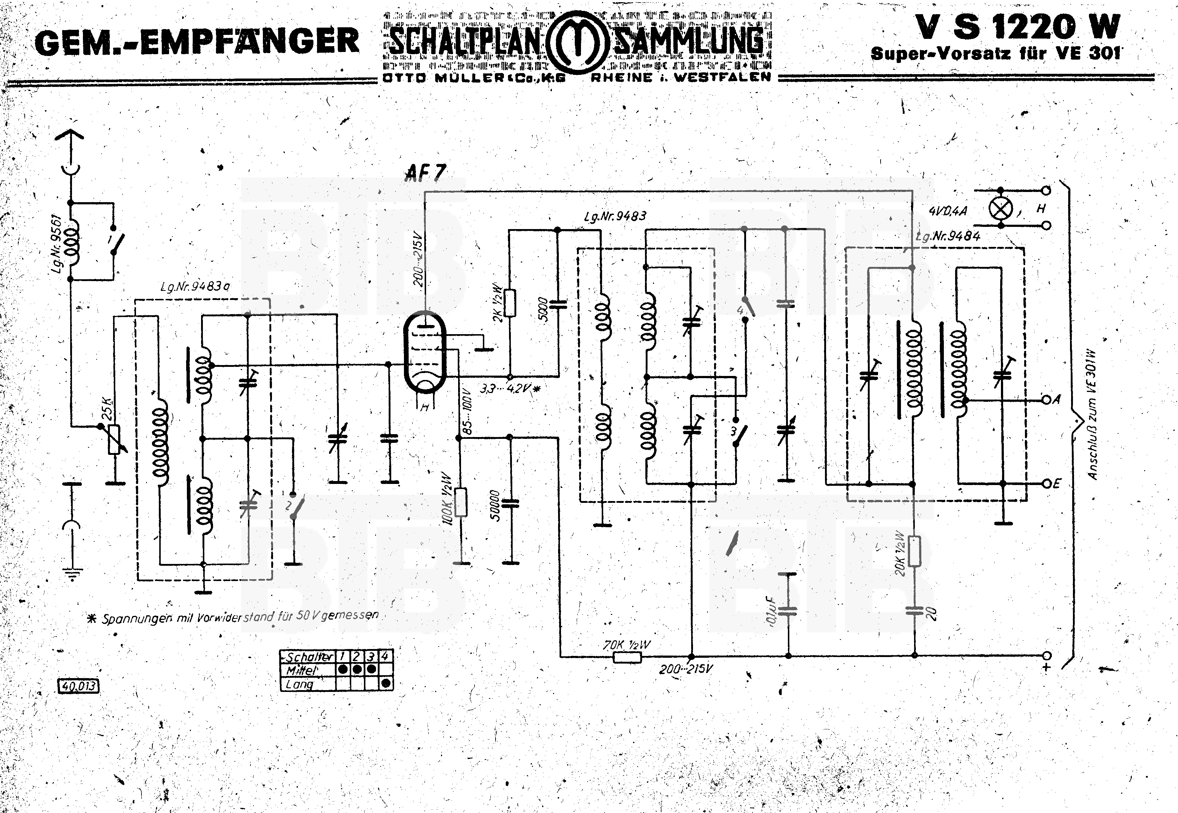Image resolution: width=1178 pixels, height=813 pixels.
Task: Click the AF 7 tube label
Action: click(x=426, y=174)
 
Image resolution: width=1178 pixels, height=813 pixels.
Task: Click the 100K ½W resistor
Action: click(x=461, y=502)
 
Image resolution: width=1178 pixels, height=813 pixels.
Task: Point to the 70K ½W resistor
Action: click(x=627, y=657)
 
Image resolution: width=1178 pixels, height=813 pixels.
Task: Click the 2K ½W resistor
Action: click(x=510, y=303)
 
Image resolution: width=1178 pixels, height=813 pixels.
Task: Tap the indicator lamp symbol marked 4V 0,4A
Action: click(x=1000, y=208)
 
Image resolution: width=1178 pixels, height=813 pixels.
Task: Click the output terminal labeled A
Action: click(x=1046, y=400)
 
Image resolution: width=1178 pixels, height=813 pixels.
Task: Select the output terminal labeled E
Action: click(x=1046, y=484)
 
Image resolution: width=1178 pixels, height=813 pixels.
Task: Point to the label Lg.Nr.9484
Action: click(x=947, y=236)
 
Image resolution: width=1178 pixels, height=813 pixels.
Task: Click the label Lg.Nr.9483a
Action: click(x=195, y=287)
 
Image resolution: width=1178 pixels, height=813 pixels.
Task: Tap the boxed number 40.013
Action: click(x=79, y=686)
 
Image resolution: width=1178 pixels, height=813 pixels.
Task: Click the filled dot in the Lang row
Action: click(x=386, y=683)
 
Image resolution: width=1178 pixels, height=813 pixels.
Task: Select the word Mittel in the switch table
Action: click(x=301, y=670)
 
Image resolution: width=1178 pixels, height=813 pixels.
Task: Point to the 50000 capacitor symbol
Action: click(x=510, y=504)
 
